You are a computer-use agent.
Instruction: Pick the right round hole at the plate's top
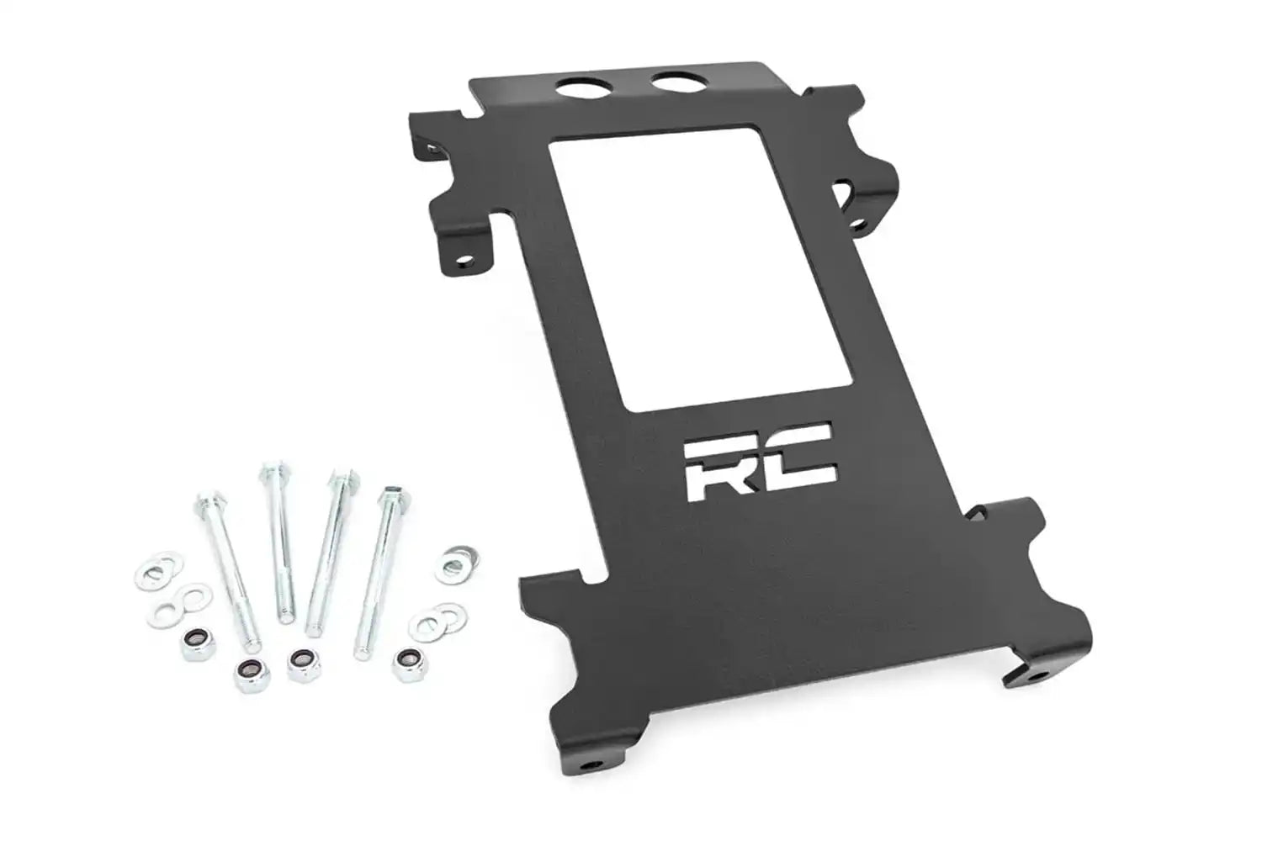(x=675, y=84)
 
